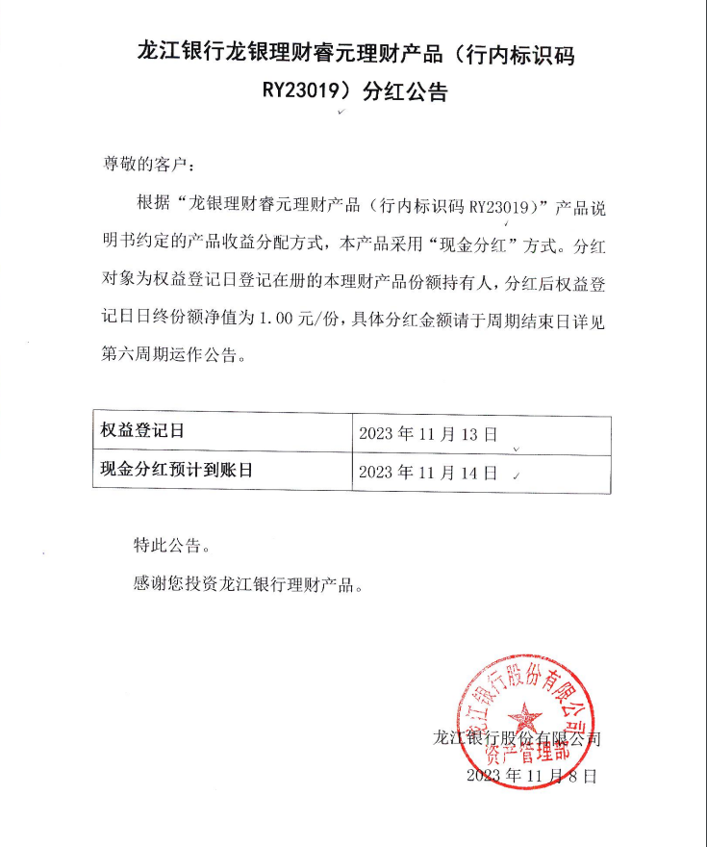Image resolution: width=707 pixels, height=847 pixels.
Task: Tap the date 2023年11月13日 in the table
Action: (x=427, y=434)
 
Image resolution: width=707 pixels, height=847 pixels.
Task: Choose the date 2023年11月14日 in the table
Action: (x=427, y=473)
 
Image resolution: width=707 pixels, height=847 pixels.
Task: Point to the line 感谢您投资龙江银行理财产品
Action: (x=248, y=584)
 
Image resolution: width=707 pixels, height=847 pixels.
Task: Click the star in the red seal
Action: (x=525, y=717)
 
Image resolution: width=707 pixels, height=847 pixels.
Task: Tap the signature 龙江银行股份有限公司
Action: (x=518, y=739)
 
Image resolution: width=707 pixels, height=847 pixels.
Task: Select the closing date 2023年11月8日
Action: (x=531, y=775)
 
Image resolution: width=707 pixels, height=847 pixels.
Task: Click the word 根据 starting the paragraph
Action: (x=149, y=206)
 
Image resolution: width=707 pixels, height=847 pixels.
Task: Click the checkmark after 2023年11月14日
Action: (x=518, y=474)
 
